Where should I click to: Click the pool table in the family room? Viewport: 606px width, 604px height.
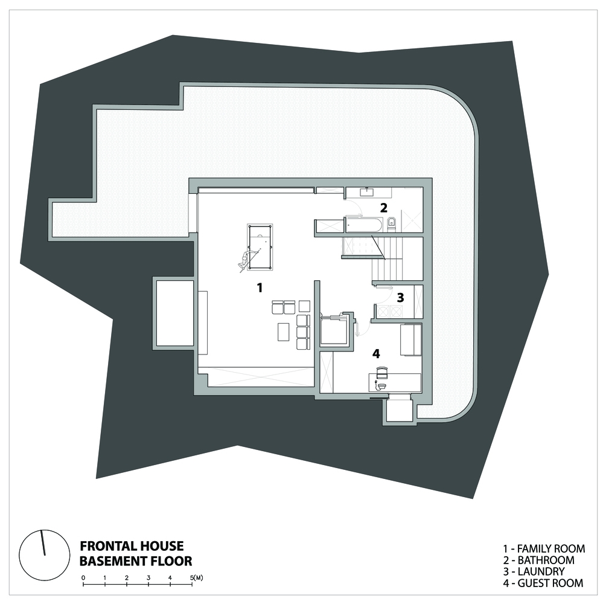[260, 247]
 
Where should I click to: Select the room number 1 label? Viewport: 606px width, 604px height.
[260, 288]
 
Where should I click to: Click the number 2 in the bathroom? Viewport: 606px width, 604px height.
[383, 208]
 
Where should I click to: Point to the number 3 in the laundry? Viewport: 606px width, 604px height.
[400, 297]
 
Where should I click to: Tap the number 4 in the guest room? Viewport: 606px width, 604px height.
[376, 353]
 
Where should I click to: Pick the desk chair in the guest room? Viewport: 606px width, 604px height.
[381, 372]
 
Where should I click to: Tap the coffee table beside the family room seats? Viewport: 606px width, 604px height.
[283, 332]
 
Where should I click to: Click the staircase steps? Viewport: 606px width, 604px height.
[387, 259]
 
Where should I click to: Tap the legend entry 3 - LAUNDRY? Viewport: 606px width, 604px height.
[534, 571]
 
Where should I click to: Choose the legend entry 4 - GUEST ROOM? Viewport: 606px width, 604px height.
[543, 583]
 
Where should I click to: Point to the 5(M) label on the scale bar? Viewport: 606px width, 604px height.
[197, 578]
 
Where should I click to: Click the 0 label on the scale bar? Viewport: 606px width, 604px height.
[83, 578]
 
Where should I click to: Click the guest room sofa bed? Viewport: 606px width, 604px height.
[410, 339]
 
